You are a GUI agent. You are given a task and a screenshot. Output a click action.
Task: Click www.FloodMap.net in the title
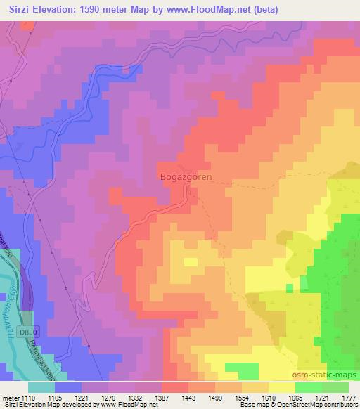pos(214,10)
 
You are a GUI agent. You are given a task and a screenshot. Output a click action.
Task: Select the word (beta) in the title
pos(264,10)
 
